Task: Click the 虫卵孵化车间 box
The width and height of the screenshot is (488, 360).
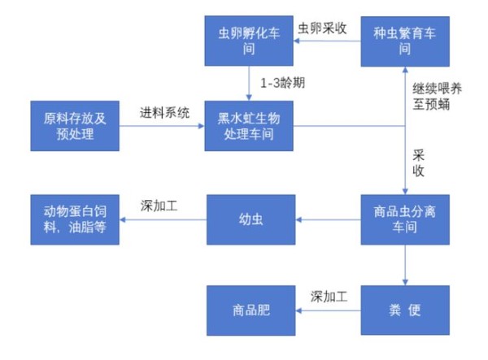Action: (x=249, y=41)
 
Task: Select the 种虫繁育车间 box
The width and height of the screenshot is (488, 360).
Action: (x=405, y=41)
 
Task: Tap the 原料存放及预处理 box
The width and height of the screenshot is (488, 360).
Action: (x=75, y=126)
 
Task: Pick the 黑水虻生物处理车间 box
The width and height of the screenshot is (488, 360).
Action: (x=249, y=126)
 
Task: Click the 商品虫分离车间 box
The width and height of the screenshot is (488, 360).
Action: (x=405, y=219)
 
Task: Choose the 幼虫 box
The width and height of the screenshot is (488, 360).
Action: (x=251, y=219)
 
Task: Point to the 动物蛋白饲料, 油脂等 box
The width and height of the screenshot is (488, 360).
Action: (x=75, y=219)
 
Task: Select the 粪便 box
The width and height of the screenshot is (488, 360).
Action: (x=405, y=310)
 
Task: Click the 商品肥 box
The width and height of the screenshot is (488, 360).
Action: (x=251, y=310)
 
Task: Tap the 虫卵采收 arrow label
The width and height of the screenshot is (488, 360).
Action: (x=322, y=28)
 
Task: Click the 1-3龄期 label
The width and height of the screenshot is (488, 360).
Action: (x=282, y=83)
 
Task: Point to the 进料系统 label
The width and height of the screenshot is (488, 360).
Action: (x=164, y=112)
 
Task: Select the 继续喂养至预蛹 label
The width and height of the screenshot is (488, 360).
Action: (x=437, y=97)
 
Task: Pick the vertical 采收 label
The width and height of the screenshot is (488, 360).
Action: (x=419, y=163)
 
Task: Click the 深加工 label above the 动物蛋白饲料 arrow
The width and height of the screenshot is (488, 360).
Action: (x=159, y=206)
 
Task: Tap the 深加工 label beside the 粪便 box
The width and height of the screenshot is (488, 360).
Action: (x=329, y=297)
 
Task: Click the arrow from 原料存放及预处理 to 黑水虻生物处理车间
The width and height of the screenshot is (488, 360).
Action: (x=162, y=126)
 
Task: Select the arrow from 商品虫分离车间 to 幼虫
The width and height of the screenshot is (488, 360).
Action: (x=328, y=219)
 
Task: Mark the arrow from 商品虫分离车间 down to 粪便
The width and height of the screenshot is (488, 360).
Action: (x=405, y=265)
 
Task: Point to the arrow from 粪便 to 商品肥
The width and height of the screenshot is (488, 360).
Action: (x=328, y=310)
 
